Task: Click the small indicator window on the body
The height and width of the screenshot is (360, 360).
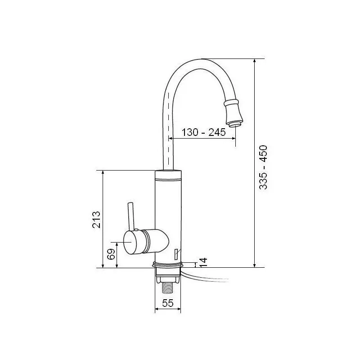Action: pyautogui.click(x=175, y=254)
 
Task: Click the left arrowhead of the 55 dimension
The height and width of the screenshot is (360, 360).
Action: pyautogui.click(x=157, y=309)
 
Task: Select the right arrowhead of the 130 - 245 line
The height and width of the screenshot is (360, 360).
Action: pyautogui.click(x=234, y=138)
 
